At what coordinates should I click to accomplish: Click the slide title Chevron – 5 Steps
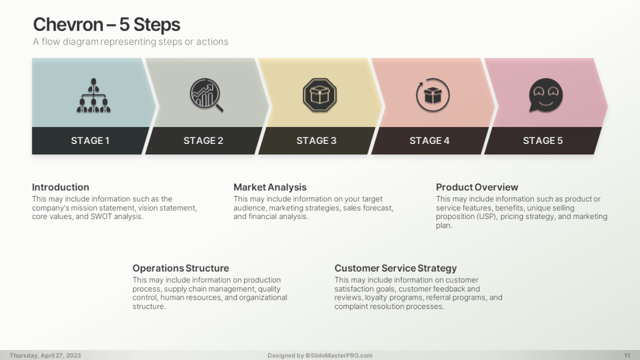[x=106, y=25]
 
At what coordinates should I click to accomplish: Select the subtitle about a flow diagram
[x=130, y=42]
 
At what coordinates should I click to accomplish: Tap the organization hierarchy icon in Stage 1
[x=94, y=95]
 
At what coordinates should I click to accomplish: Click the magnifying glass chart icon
[x=207, y=95]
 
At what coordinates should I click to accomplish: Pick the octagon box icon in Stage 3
[x=319, y=95]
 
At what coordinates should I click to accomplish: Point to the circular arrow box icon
[x=433, y=95]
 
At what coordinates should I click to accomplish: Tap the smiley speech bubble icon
[x=546, y=95]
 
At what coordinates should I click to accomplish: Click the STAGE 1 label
[x=90, y=140]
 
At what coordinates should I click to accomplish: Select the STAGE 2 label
[x=203, y=140]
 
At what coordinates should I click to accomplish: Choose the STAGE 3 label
[x=316, y=140]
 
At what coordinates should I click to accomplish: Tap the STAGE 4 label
[x=429, y=140]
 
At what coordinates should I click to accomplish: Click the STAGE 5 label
[x=543, y=140]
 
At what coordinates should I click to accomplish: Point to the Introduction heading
[x=60, y=187]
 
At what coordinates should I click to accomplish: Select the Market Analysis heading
[x=270, y=187]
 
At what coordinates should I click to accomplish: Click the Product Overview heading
[x=477, y=187]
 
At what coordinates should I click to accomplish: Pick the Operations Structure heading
[x=180, y=268]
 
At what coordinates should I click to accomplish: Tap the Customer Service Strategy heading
[x=395, y=268]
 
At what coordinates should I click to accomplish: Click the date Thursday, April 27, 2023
[x=45, y=355]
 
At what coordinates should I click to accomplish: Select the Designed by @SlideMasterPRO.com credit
[x=320, y=355]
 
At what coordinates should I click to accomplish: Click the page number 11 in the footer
[x=627, y=355]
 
